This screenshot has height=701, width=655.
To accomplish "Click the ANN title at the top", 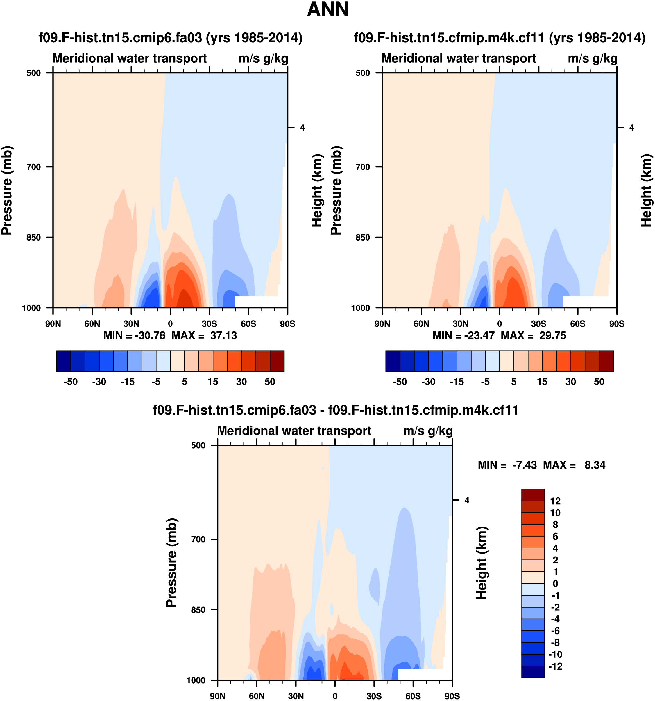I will [x=328, y=10].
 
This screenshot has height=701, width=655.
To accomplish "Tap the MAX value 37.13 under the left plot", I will [x=223, y=335].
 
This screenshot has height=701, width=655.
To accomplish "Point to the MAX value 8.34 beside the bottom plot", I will [x=595, y=465].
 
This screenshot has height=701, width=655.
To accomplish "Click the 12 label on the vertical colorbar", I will [x=555, y=501].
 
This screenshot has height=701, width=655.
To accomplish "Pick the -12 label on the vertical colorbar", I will [x=555, y=666].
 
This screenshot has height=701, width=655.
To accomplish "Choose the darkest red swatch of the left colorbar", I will [x=277, y=361].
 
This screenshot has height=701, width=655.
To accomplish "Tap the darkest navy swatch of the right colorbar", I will [x=393, y=361].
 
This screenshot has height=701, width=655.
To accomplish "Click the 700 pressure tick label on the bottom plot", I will [x=198, y=539].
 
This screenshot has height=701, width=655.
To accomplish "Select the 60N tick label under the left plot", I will [x=92, y=324].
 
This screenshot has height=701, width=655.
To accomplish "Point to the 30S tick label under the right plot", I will [x=538, y=324].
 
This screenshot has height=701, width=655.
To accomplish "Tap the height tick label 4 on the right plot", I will [x=632, y=128].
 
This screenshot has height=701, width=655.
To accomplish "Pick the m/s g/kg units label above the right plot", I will [x=593, y=59].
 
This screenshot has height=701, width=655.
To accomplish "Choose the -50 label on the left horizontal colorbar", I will [x=71, y=382].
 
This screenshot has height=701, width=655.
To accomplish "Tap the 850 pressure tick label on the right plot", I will [x=363, y=237].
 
